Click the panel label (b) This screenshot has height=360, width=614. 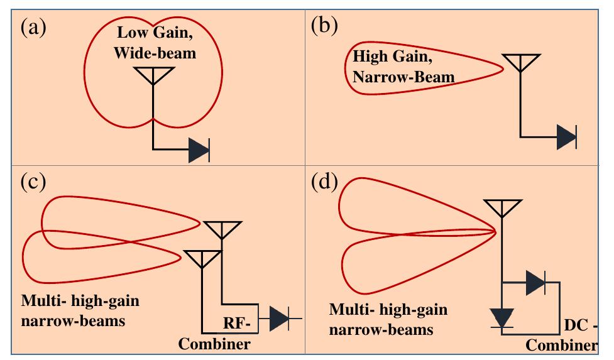[x=325, y=28]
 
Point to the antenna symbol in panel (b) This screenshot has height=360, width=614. [x=520, y=62]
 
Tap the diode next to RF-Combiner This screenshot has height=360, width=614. [x=280, y=319]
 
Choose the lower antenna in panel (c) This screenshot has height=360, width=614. [x=201, y=258]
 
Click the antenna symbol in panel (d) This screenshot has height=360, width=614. [x=501, y=208]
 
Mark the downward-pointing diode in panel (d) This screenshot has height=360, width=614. [x=501, y=317]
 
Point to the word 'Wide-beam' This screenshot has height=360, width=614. [x=155, y=53]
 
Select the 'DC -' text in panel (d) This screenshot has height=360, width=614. [x=577, y=326]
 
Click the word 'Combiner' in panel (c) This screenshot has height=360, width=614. [x=214, y=344]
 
